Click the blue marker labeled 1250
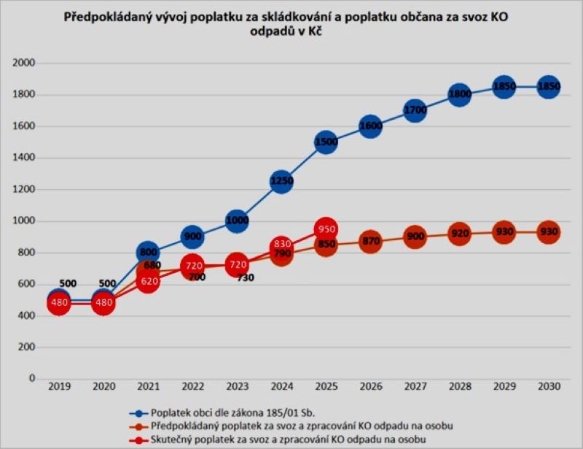[281, 181]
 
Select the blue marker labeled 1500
[326, 142]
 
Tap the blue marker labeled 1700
[415, 111]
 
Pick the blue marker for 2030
[548, 87]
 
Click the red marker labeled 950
[326, 229]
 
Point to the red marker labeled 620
[148, 280]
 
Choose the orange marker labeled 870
[370, 241]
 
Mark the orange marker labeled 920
[459, 234]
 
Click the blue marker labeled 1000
[237, 221]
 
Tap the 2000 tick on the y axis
[24, 64]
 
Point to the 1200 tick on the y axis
[24, 190]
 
